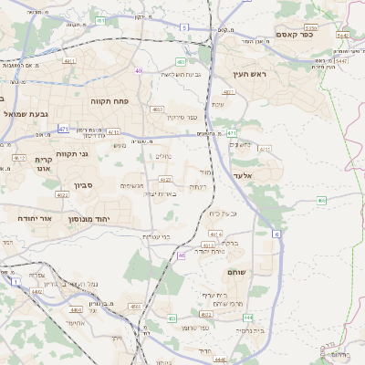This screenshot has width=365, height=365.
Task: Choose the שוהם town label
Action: [x=237, y=273]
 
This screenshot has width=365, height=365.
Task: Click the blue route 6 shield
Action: [x=276, y=234]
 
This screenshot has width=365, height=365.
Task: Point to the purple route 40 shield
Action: [x=139, y=70]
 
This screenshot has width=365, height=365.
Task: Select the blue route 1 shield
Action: [x=16, y=283]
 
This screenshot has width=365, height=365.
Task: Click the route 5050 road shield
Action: [x=310, y=27]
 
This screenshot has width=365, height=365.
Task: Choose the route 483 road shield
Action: [x=157, y=109]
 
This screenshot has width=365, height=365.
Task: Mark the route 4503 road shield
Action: [x=135, y=307]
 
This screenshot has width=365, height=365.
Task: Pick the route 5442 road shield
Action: [x=342, y=35]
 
